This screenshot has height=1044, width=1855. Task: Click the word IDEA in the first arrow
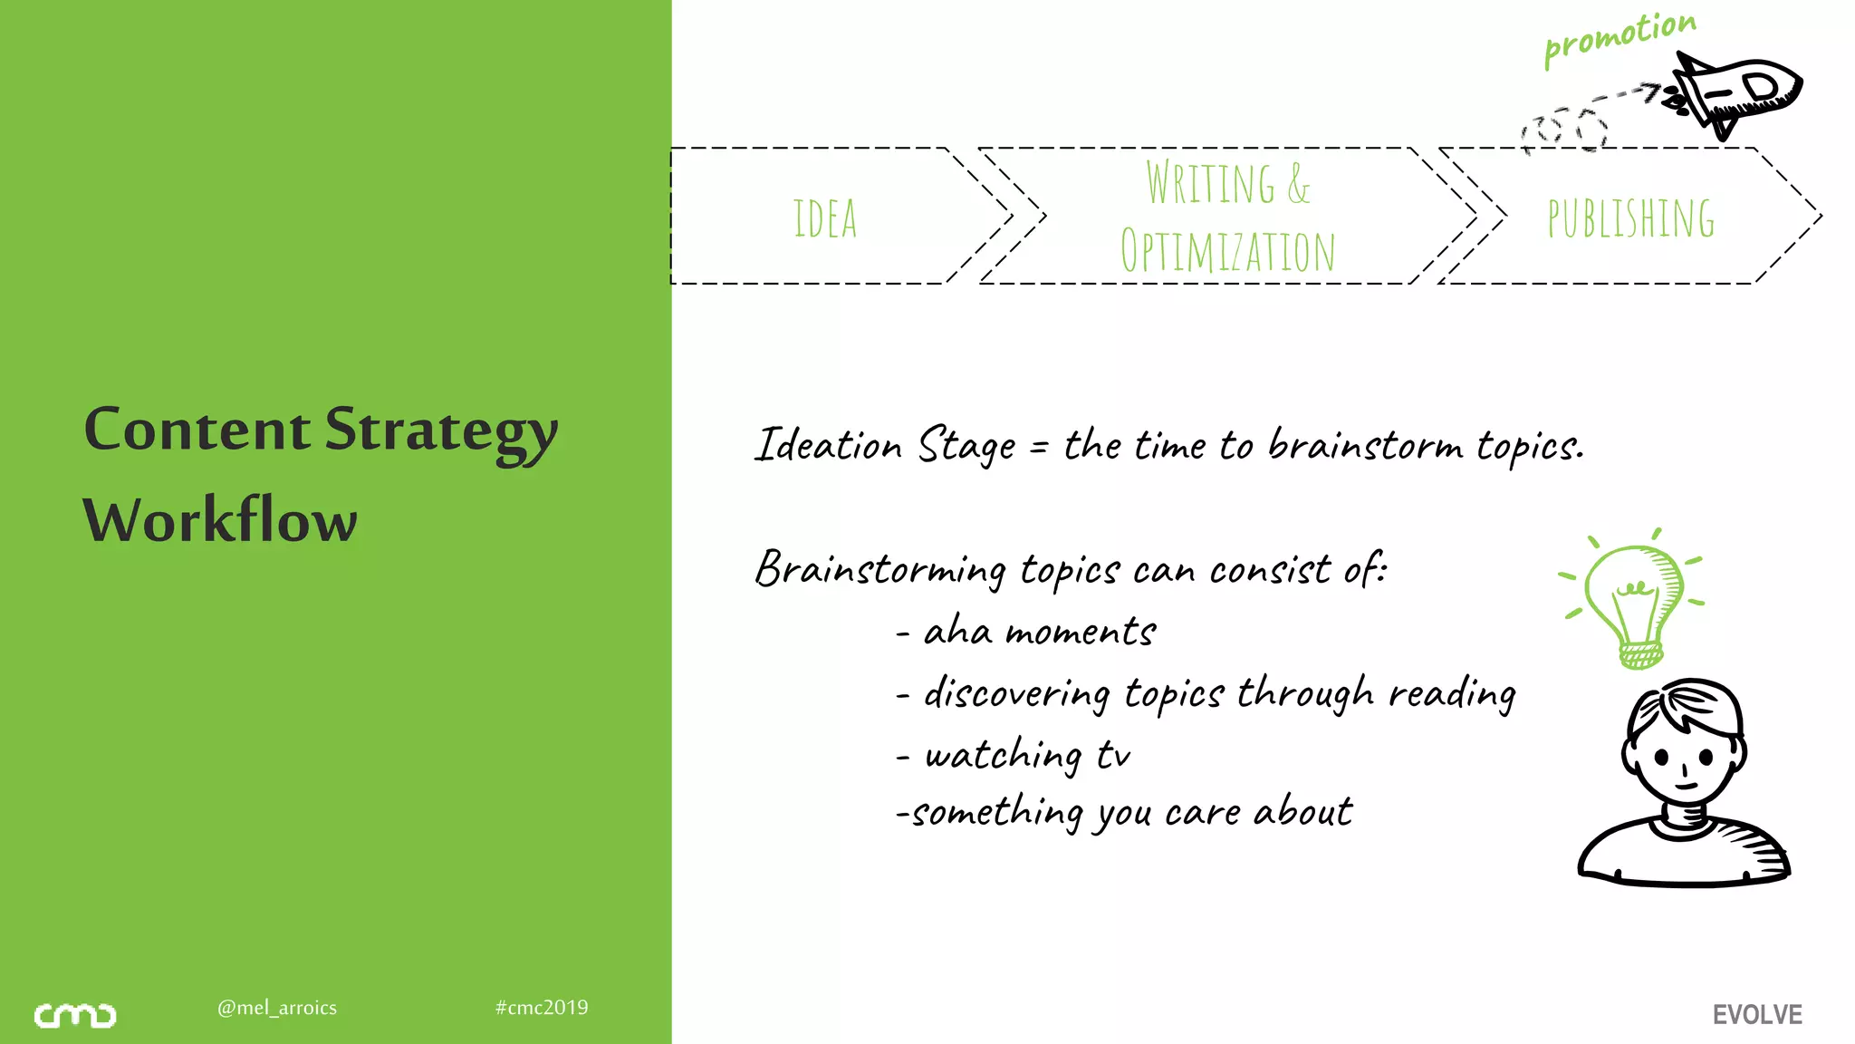tap(824, 218)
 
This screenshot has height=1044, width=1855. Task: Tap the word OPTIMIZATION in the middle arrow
tap(1227, 251)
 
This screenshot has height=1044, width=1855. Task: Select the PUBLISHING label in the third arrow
tap(1630, 218)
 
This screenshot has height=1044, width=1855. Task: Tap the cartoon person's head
tap(1684, 743)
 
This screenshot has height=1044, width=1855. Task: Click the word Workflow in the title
tap(220, 521)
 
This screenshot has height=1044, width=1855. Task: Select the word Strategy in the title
tap(441, 430)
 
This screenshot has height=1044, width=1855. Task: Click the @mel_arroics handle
tap(277, 1008)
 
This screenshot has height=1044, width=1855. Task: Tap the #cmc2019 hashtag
tap(542, 1008)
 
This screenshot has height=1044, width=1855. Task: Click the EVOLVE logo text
tap(1757, 1015)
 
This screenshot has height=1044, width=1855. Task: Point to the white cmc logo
tap(75, 1016)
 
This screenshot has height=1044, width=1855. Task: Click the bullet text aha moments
tap(1039, 632)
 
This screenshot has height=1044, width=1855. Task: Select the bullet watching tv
tap(1027, 755)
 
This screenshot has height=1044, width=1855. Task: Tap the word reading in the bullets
tap(1452, 694)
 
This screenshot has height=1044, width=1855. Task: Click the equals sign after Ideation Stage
tap(1039, 447)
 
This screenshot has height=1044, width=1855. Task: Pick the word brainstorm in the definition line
tap(1364, 446)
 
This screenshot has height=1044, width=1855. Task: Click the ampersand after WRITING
tap(1298, 184)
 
